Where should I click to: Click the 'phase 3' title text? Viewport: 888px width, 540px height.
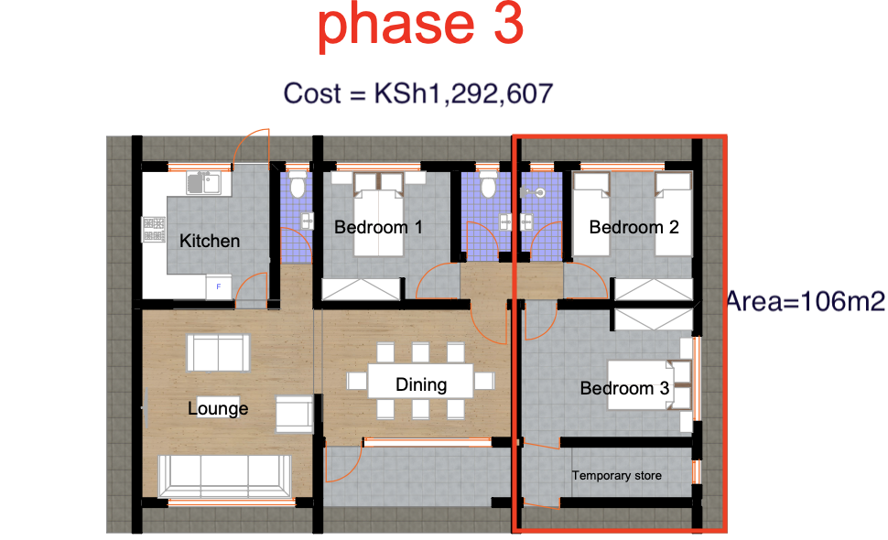pos(420,27)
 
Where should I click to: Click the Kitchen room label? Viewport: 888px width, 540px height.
pos(210,241)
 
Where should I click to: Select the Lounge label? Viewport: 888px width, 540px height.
pos(218,408)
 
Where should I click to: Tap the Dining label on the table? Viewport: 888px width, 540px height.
pos(421,384)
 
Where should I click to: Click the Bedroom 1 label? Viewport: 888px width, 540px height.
pos(378,226)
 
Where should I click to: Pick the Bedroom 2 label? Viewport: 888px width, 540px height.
pos(634,226)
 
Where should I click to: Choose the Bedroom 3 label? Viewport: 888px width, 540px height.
pos(624,388)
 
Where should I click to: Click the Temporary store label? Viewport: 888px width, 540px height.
pos(616,475)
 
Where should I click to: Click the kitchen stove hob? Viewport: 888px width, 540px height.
pos(152,230)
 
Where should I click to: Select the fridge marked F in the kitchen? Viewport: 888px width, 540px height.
pos(218,286)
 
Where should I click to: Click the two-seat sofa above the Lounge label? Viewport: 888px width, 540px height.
pos(217,351)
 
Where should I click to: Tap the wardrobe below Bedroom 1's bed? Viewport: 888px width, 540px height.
pos(362,289)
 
